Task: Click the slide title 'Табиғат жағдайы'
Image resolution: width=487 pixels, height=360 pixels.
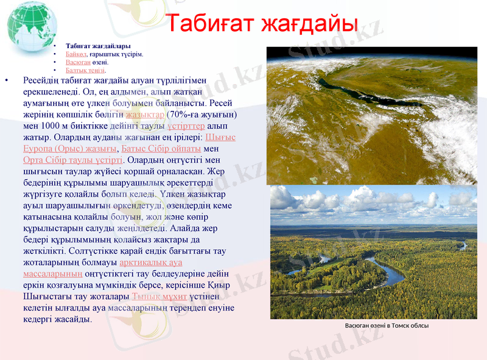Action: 261,24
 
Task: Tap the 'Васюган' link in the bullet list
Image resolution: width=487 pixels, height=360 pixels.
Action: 78,62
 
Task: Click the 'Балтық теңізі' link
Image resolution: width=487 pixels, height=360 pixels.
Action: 85,70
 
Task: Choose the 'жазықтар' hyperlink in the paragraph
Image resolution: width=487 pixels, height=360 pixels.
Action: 145,114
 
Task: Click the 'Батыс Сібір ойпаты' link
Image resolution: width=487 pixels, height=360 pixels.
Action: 161,149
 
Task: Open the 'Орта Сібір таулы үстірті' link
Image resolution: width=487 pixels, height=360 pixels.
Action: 72,160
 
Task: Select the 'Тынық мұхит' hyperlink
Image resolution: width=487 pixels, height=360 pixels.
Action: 151,297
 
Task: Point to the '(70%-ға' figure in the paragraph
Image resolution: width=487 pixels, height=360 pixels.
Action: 184,114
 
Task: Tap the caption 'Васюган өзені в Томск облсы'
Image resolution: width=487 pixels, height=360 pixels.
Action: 387,326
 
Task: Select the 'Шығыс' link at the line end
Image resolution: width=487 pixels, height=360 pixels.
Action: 220,137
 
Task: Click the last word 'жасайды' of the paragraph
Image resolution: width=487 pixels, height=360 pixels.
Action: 75,319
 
